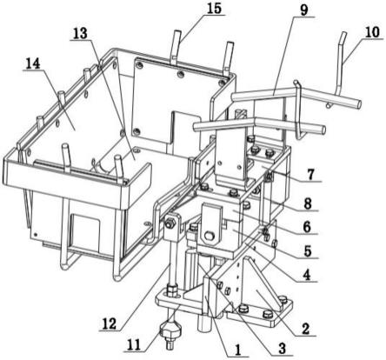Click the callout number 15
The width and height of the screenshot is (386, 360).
[x=214, y=8]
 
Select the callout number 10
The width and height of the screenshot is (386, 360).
[x=372, y=32]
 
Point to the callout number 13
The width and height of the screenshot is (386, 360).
[x=80, y=34]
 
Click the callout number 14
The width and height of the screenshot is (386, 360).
[x=33, y=63]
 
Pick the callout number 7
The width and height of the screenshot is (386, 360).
[x=310, y=175]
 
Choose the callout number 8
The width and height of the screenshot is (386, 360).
[x=308, y=203]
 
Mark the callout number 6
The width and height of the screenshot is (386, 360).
[x=306, y=227]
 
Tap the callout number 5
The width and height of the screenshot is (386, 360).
[x=308, y=251]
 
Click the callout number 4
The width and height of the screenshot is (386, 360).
[x=307, y=275]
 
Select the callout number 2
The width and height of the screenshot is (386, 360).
[x=305, y=330]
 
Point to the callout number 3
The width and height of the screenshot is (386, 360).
[x=282, y=348]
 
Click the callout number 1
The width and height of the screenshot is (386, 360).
[x=238, y=350]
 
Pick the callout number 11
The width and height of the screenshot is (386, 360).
[x=134, y=345]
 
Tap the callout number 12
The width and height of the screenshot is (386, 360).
[x=109, y=324]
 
